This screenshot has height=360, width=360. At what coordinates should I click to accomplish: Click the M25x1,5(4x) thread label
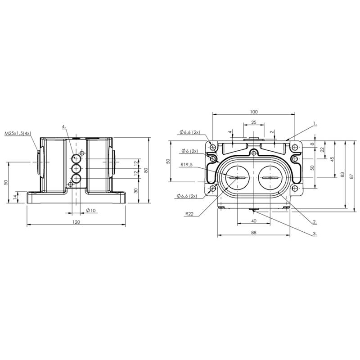click(18, 133)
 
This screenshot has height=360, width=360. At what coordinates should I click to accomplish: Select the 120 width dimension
click(76, 222)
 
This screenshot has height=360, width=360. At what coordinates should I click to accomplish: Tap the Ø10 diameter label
click(91, 210)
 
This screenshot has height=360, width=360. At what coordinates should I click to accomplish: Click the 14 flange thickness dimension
click(15, 197)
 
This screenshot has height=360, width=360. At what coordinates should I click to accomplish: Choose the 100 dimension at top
click(254, 112)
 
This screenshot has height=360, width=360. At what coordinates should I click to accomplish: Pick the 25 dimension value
click(254, 122)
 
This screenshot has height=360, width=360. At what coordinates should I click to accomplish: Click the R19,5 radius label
click(187, 164)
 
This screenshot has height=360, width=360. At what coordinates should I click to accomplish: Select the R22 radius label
click(189, 214)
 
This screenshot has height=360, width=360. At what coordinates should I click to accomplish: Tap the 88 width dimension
click(253, 232)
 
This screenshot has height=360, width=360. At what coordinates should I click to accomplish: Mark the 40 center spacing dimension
click(254, 221)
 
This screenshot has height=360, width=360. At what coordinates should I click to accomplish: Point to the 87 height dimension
click(351, 176)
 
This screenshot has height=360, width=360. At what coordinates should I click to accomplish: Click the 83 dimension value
click(342, 175)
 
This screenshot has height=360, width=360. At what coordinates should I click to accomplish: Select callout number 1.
click(315, 123)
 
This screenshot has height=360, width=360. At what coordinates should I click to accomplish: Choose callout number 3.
click(315, 234)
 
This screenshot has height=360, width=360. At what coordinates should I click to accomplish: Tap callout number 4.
click(64, 127)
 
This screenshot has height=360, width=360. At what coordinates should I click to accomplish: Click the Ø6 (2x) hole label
click(189, 151)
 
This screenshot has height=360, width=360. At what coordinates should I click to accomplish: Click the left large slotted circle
click(237, 178)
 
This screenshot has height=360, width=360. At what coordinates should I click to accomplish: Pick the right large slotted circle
click(270, 178)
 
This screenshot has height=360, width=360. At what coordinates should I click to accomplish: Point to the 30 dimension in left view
click(136, 190)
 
